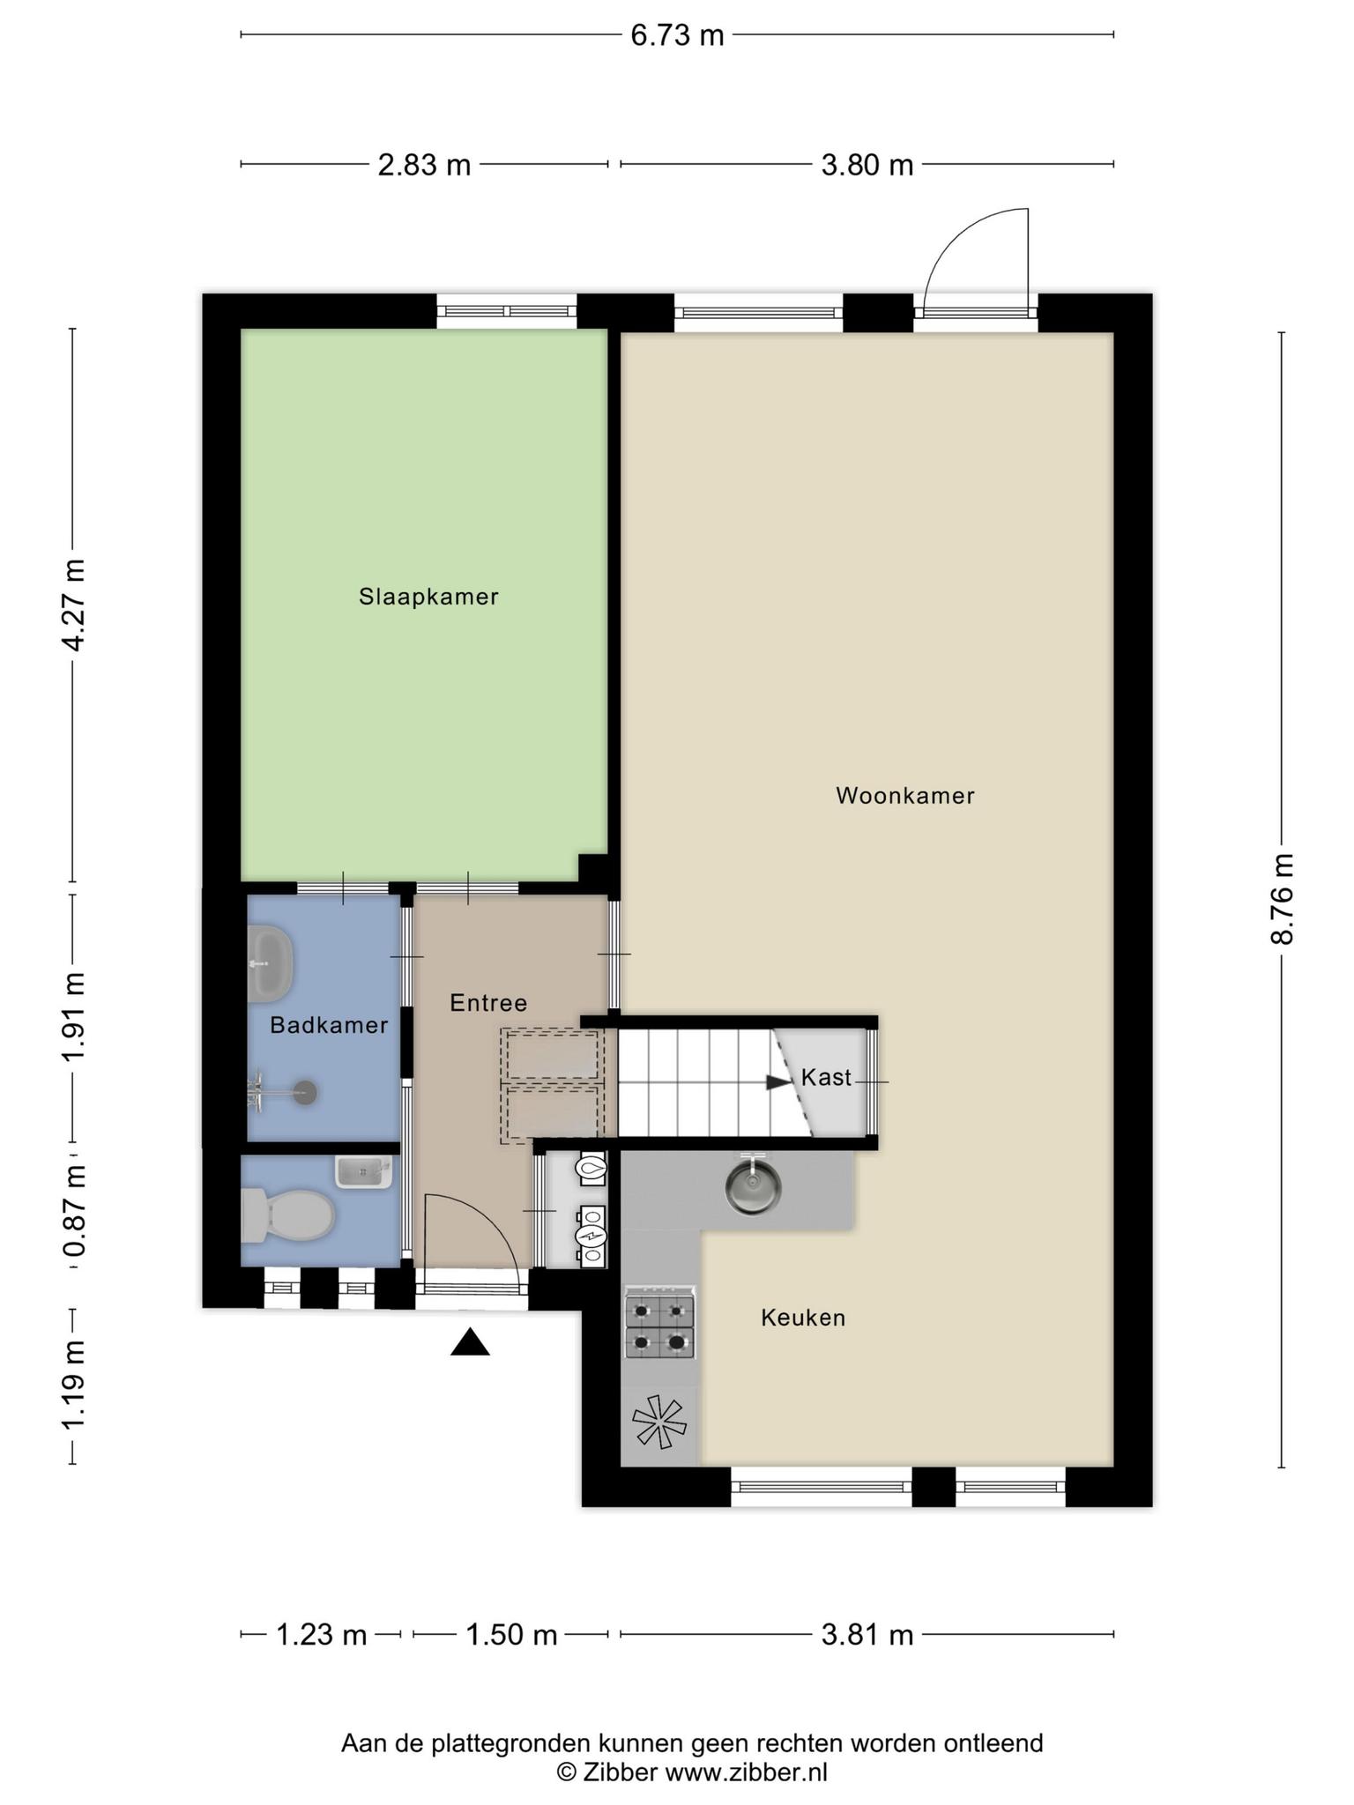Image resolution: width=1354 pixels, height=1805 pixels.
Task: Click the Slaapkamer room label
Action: coord(428,597)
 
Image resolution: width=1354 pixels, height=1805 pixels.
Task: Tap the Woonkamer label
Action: coord(905,796)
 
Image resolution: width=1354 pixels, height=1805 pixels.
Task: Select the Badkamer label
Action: coord(329,1025)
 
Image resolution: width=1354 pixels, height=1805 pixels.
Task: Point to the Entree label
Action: coord(488,1003)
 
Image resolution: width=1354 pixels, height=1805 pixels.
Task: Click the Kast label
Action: coord(826,1077)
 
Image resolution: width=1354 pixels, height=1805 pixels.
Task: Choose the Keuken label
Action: coord(803,1318)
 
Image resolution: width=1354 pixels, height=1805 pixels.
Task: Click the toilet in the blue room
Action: coord(287,1214)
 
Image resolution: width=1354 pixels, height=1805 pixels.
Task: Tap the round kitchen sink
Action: coord(753,1185)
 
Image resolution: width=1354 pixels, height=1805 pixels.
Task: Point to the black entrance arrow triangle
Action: coord(470,1342)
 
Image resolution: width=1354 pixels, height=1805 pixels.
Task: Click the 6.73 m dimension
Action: coord(677,35)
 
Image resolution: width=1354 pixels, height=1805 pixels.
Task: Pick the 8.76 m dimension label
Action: coord(1282,898)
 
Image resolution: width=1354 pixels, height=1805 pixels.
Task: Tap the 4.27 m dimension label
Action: coord(75,605)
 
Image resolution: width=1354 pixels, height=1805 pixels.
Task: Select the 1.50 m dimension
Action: coord(511,1635)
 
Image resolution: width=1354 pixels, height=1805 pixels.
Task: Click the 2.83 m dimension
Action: coord(424,165)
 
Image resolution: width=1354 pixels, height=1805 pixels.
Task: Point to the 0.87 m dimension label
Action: coord(75,1211)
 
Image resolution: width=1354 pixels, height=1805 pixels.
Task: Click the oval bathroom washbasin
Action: coord(269,963)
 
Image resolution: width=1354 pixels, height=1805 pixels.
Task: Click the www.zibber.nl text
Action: coord(746,1772)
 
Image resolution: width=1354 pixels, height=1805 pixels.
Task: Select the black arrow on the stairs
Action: coord(779,1082)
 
